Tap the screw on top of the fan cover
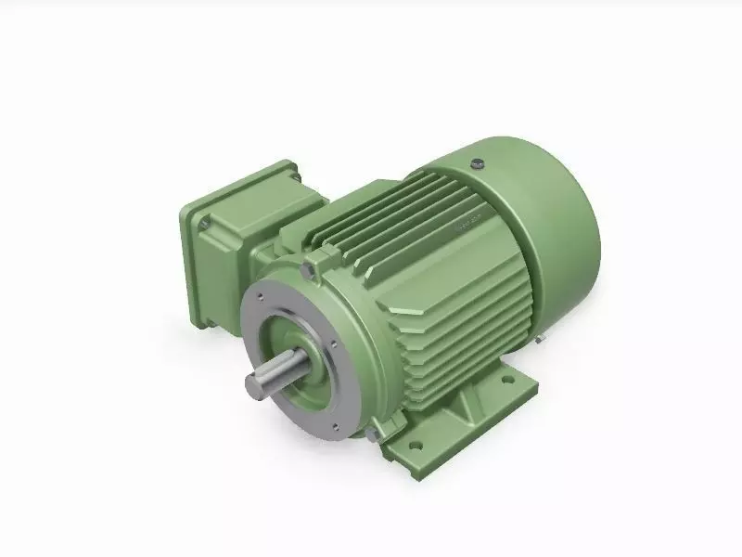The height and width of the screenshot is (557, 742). pos(478,163)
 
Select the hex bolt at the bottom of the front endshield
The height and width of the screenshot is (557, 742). pos(371,434)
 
